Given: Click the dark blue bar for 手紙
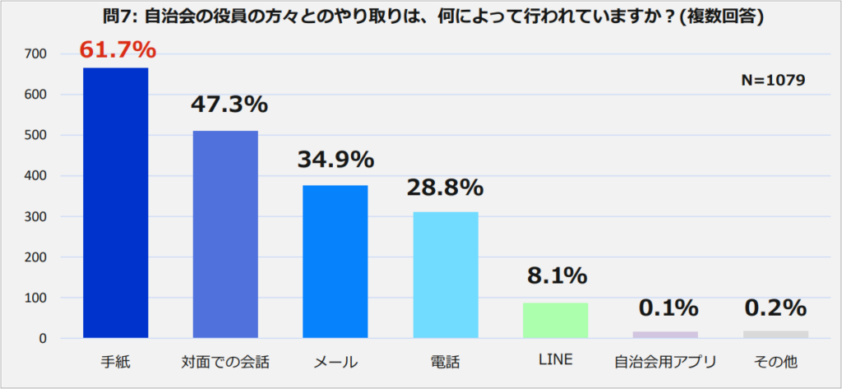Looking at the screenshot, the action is tap(115, 203).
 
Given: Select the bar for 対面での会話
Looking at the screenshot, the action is tap(225, 234).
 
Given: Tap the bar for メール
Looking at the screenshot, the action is tap(335, 262).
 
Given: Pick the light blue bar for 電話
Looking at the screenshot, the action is tap(446, 275).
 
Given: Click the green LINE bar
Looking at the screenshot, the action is tap(556, 321).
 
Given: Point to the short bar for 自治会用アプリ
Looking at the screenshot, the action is tap(666, 335).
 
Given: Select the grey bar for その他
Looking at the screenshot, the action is tap(776, 334).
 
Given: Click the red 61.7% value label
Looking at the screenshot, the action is tap(118, 49).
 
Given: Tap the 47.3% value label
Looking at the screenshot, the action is tap(229, 104).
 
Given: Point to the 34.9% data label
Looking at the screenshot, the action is tap(335, 159).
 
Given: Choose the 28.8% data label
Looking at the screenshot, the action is tap(445, 187).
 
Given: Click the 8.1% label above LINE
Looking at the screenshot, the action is tap(556, 276).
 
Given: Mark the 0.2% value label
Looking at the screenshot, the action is tap(775, 308).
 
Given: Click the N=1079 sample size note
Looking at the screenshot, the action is tap(773, 80).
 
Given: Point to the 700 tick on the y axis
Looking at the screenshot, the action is tap(35, 54).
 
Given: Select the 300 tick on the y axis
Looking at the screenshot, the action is tap(35, 217).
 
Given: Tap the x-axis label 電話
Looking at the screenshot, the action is tap(445, 362).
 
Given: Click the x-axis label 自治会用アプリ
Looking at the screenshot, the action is tap(665, 362).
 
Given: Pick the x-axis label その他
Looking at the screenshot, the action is tap(775, 362).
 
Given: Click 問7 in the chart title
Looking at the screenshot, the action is tap(121, 17).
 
